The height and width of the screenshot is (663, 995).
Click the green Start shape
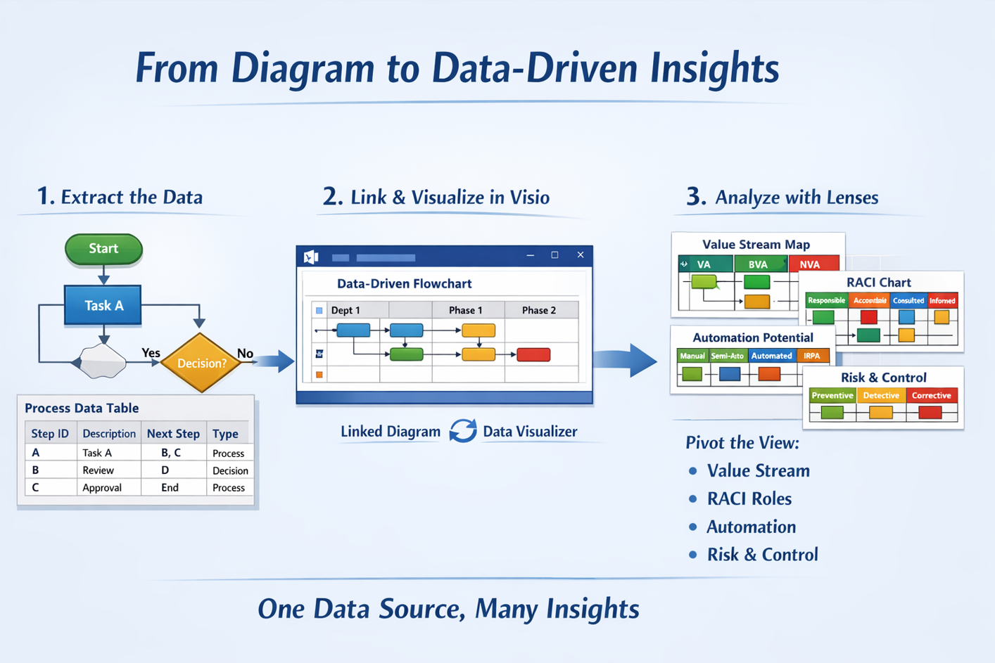coord(103,249)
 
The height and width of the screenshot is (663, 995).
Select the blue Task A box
coord(103,305)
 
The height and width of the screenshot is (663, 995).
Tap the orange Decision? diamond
coord(201,363)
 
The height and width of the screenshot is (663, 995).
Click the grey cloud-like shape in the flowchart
coord(103,361)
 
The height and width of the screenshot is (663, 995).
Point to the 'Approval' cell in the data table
coord(102,487)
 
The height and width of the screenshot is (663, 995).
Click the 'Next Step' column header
coord(173,433)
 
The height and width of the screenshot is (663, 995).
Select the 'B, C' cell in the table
coord(171,453)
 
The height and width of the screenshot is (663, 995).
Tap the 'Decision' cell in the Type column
coord(230,470)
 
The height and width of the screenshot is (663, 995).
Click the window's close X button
coord(581,255)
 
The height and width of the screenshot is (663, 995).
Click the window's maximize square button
coord(554,255)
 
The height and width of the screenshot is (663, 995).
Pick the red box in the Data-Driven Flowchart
coord(533,354)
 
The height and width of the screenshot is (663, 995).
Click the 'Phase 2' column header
coord(539,310)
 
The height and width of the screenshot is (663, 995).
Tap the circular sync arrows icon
coord(463,430)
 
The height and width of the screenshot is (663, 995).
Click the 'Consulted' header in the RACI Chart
coord(908,300)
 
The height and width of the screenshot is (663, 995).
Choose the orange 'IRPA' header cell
coord(813,356)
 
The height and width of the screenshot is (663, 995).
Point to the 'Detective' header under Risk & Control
coord(881,395)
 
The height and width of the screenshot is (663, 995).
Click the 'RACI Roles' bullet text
coord(749,498)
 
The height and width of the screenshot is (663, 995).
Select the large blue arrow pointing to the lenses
coord(626,360)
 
